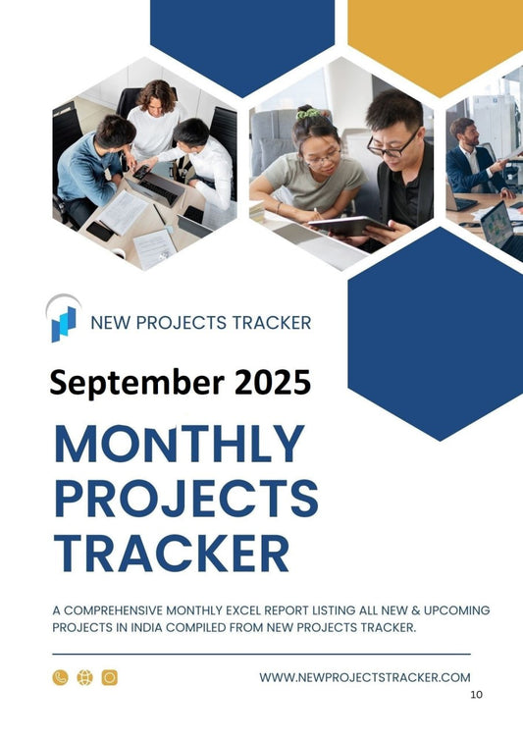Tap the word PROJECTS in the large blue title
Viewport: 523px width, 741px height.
click(x=185, y=499)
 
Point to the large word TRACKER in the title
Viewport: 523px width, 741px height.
click(x=172, y=553)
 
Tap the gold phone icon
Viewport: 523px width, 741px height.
click(x=61, y=677)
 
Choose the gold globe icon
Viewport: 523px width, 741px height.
click(x=84, y=677)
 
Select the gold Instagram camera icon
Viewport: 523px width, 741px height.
click(x=109, y=677)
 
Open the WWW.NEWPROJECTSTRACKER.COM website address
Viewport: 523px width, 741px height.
click(x=365, y=677)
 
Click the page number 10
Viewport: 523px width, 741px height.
click(x=477, y=695)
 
